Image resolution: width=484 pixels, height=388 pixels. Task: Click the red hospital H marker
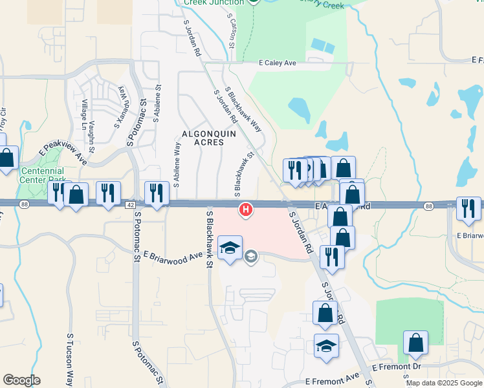[x=246, y=210]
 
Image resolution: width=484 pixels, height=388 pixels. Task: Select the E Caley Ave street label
[x=278, y=63]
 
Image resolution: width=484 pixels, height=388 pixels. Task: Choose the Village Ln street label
[x=84, y=111]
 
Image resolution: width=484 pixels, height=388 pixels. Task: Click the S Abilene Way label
[x=177, y=165]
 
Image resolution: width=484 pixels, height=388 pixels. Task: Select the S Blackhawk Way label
[x=243, y=109]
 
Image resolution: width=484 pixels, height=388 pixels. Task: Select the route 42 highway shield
[x=130, y=204]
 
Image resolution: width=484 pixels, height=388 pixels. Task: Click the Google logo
[x=21, y=380]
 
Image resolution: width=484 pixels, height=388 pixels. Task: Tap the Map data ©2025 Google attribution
[x=443, y=383]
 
